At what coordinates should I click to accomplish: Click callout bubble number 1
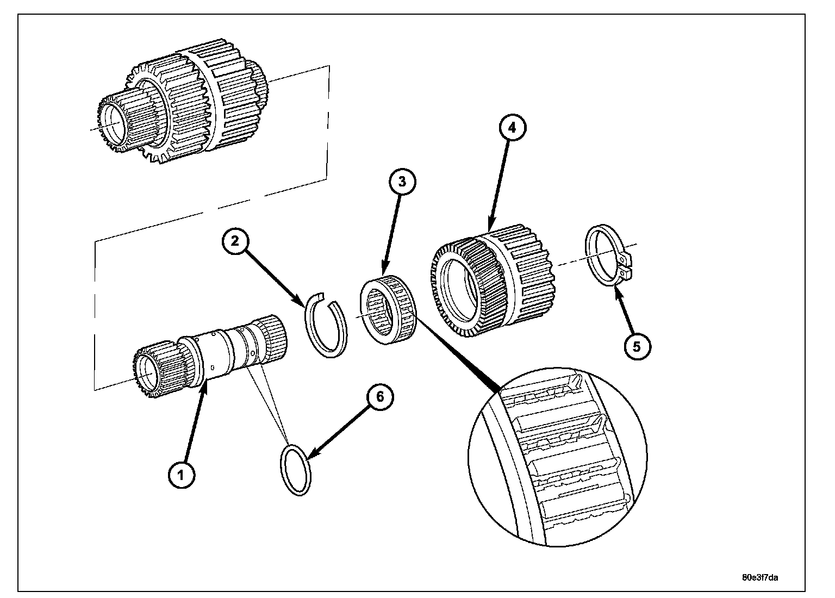pos(182,475)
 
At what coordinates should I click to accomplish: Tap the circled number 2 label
pos(235,241)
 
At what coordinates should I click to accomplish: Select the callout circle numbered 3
pos(402,182)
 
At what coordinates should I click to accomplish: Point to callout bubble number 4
pos(513,128)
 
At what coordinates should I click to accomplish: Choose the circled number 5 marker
pos(637,347)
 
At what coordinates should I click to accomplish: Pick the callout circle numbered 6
pos(380,397)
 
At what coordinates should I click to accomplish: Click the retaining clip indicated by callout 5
pos(589,257)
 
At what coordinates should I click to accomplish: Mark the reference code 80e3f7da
pos(759,577)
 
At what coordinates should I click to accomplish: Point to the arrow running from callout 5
pos(624,311)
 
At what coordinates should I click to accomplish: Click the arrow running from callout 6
pos(338,432)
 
